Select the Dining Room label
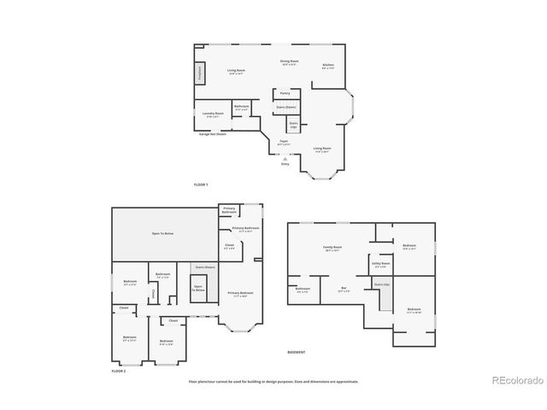[289, 62]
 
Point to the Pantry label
[286, 94]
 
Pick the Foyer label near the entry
[284, 141]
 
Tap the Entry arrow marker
[285, 159]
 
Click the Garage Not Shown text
[213, 134]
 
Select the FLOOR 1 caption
[201, 184]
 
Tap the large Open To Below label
[163, 233]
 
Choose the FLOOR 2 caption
[118, 372]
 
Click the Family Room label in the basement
[332, 248]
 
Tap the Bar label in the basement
[344, 289]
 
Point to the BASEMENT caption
[296, 352]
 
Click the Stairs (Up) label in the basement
[381, 284]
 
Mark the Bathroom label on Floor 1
[241, 108]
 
